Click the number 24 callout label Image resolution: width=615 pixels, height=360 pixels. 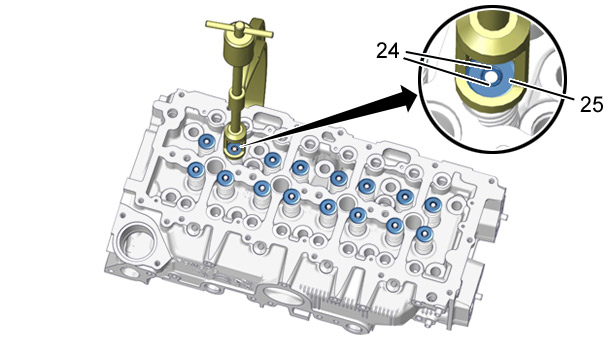tap(388, 51)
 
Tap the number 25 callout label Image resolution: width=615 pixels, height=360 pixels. tap(591, 105)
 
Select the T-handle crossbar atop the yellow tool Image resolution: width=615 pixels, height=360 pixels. tap(239, 30)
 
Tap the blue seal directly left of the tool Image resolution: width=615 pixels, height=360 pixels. tap(206, 141)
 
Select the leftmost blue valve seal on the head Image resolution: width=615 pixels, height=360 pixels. tap(195, 169)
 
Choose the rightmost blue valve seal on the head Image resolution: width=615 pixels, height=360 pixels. tap(433, 204)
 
